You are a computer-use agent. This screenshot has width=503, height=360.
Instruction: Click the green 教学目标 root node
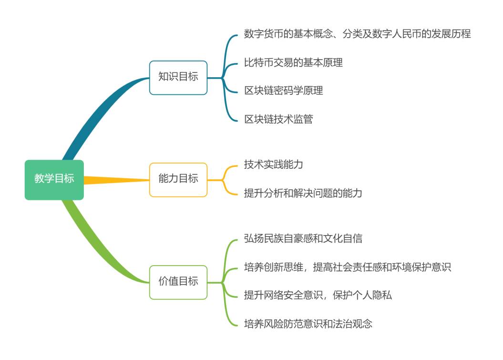pos(54,179)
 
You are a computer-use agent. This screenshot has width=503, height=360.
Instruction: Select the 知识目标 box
pos(178,77)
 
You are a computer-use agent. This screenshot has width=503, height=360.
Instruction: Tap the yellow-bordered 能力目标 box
pos(178,179)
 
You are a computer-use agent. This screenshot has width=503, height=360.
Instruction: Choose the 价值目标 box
pos(178,282)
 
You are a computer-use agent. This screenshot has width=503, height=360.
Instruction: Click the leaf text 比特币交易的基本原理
pos(293,62)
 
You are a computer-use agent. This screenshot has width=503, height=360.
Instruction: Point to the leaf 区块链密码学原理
pos(284,91)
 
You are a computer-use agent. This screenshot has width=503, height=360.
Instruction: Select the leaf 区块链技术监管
pos(278,119)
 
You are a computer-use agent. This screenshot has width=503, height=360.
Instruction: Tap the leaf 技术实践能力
pos(274,165)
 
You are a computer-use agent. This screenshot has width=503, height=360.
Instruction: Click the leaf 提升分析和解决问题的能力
pos(303,193)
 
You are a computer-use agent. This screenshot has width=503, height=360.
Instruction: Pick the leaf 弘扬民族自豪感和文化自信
pos(303,238)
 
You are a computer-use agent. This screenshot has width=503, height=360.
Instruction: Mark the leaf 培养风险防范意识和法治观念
pos(308,324)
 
